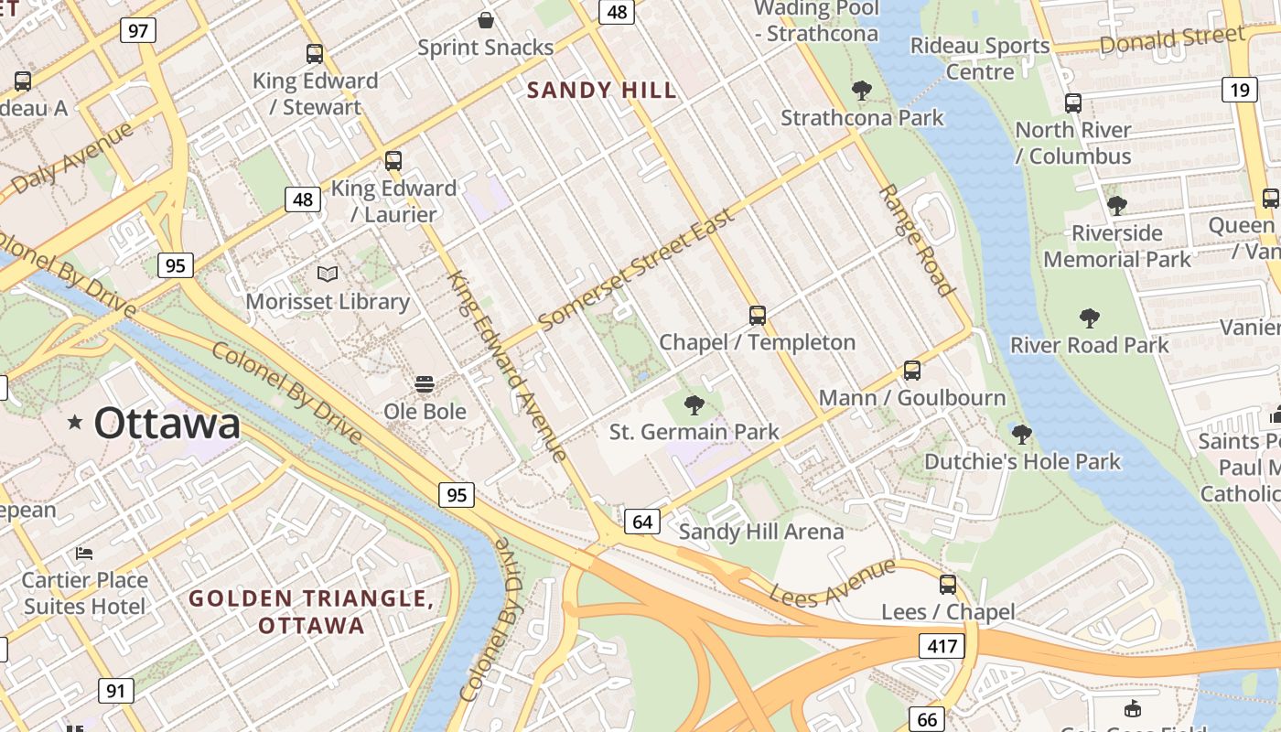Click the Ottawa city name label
(167, 424)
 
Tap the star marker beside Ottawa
(75, 422)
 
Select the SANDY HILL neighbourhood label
(602, 90)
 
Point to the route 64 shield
(642, 522)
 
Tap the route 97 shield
(138, 30)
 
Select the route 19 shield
(1240, 89)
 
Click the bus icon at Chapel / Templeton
(757, 316)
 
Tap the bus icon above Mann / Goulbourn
(911, 371)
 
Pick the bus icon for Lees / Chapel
(948, 585)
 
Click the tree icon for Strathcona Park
(861, 91)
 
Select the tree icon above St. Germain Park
(694, 404)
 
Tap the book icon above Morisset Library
(327, 274)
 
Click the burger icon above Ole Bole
(424, 383)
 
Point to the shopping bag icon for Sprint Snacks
(486, 19)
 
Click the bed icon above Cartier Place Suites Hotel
(84, 554)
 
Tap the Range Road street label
(917, 241)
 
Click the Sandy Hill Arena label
(761, 532)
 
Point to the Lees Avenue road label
(832, 582)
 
